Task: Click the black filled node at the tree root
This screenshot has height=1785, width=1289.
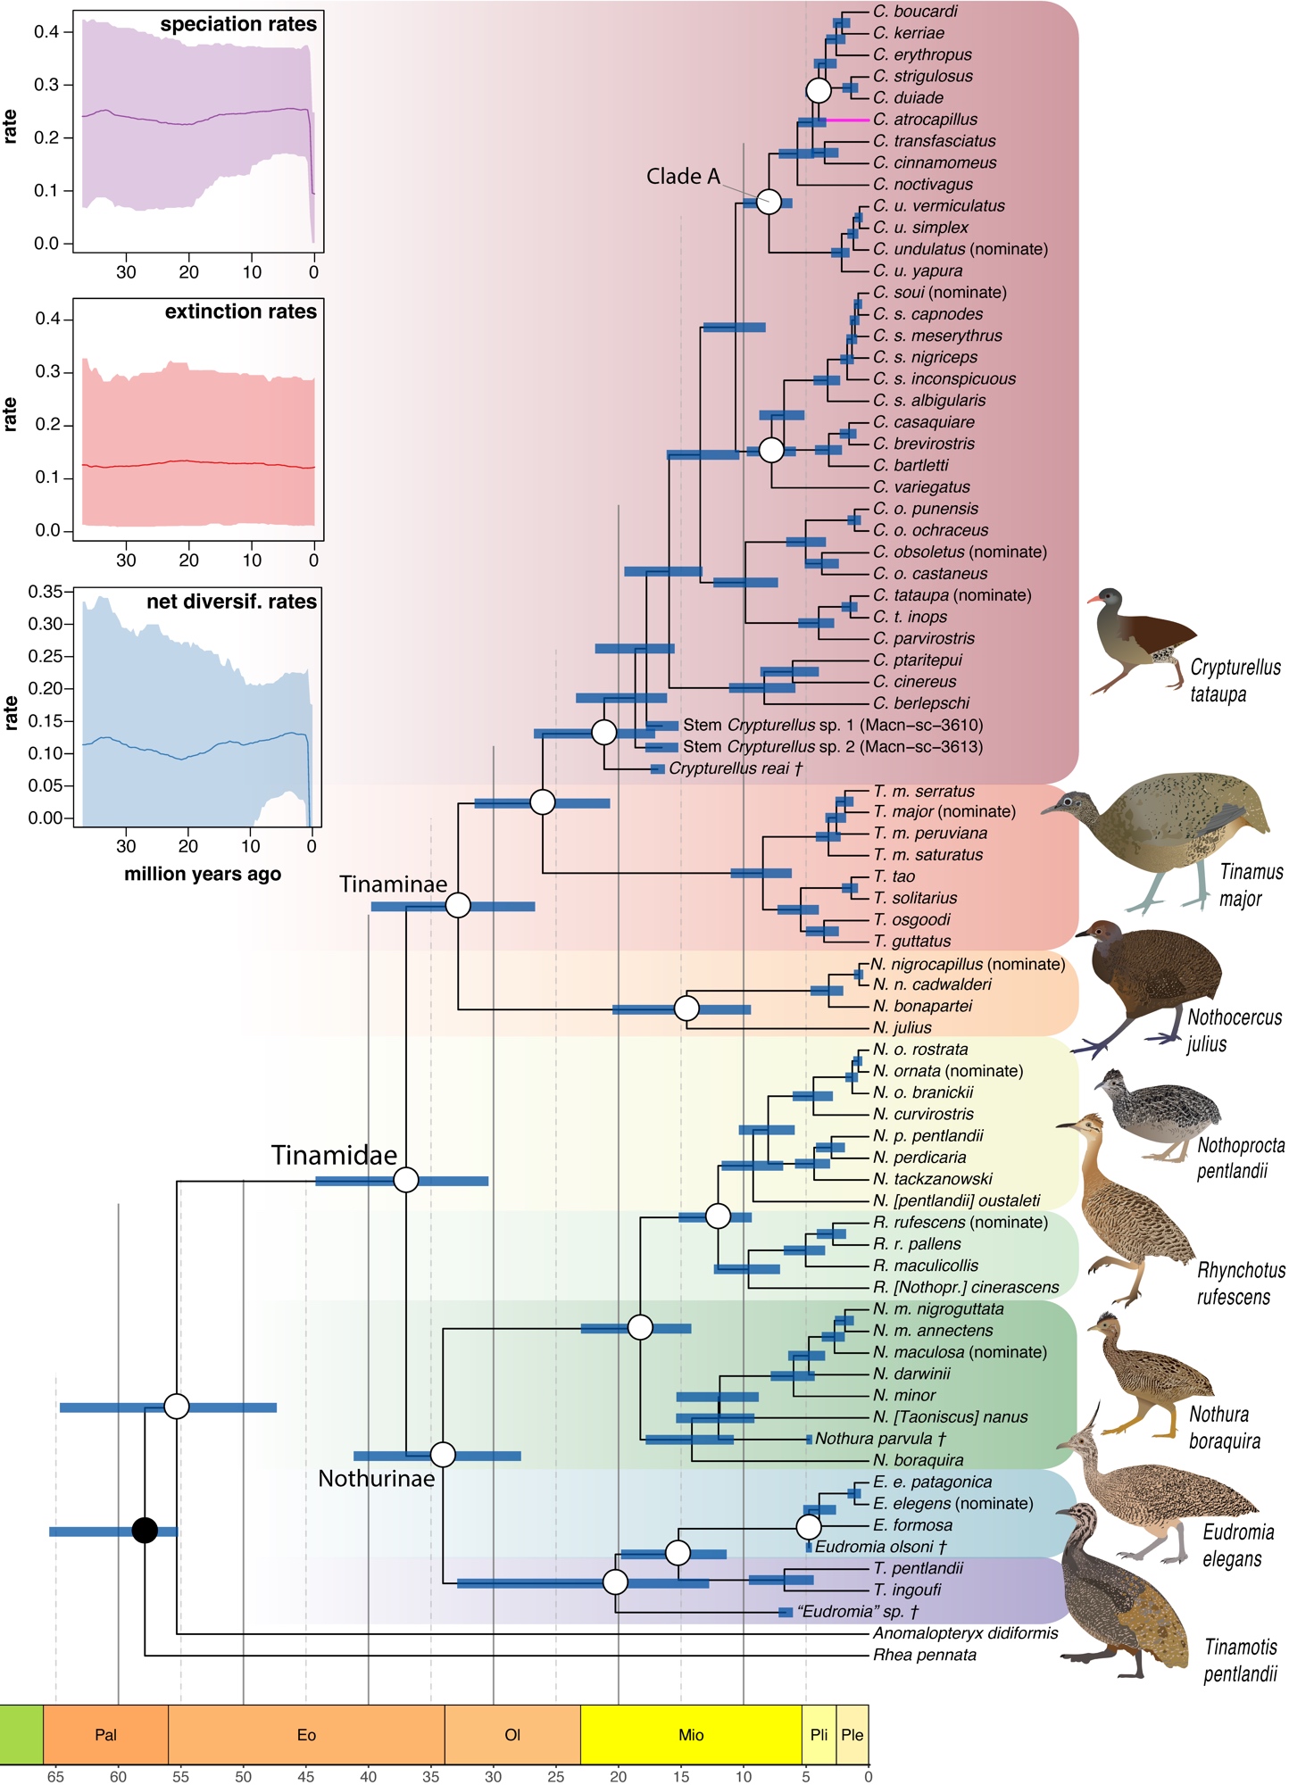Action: [x=145, y=1531]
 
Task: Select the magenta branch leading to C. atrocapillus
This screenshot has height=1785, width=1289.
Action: [x=847, y=120]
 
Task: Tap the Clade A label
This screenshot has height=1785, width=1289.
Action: [x=683, y=177]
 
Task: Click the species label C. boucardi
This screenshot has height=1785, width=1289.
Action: [x=915, y=12]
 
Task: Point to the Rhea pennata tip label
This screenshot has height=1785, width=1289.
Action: [x=924, y=1655]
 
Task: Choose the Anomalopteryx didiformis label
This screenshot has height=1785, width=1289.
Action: [x=965, y=1632]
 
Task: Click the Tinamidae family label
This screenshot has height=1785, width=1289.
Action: [x=334, y=1155]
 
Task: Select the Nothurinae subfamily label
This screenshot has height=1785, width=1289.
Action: [x=376, y=1479]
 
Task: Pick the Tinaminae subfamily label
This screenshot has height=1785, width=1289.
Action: [x=393, y=884]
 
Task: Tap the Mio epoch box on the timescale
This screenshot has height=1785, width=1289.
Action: [x=691, y=1734]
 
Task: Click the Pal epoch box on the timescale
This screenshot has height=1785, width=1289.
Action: [x=105, y=1734]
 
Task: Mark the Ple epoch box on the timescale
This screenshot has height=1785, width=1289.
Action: [x=852, y=1734]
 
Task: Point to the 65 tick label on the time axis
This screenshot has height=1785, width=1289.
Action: [x=55, y=1776]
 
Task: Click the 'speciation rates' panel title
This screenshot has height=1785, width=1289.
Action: [x=238, y=25]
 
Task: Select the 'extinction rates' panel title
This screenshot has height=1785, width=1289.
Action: [x=241, y=311]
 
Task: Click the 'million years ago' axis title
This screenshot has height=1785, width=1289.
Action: [x=203, y=874]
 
